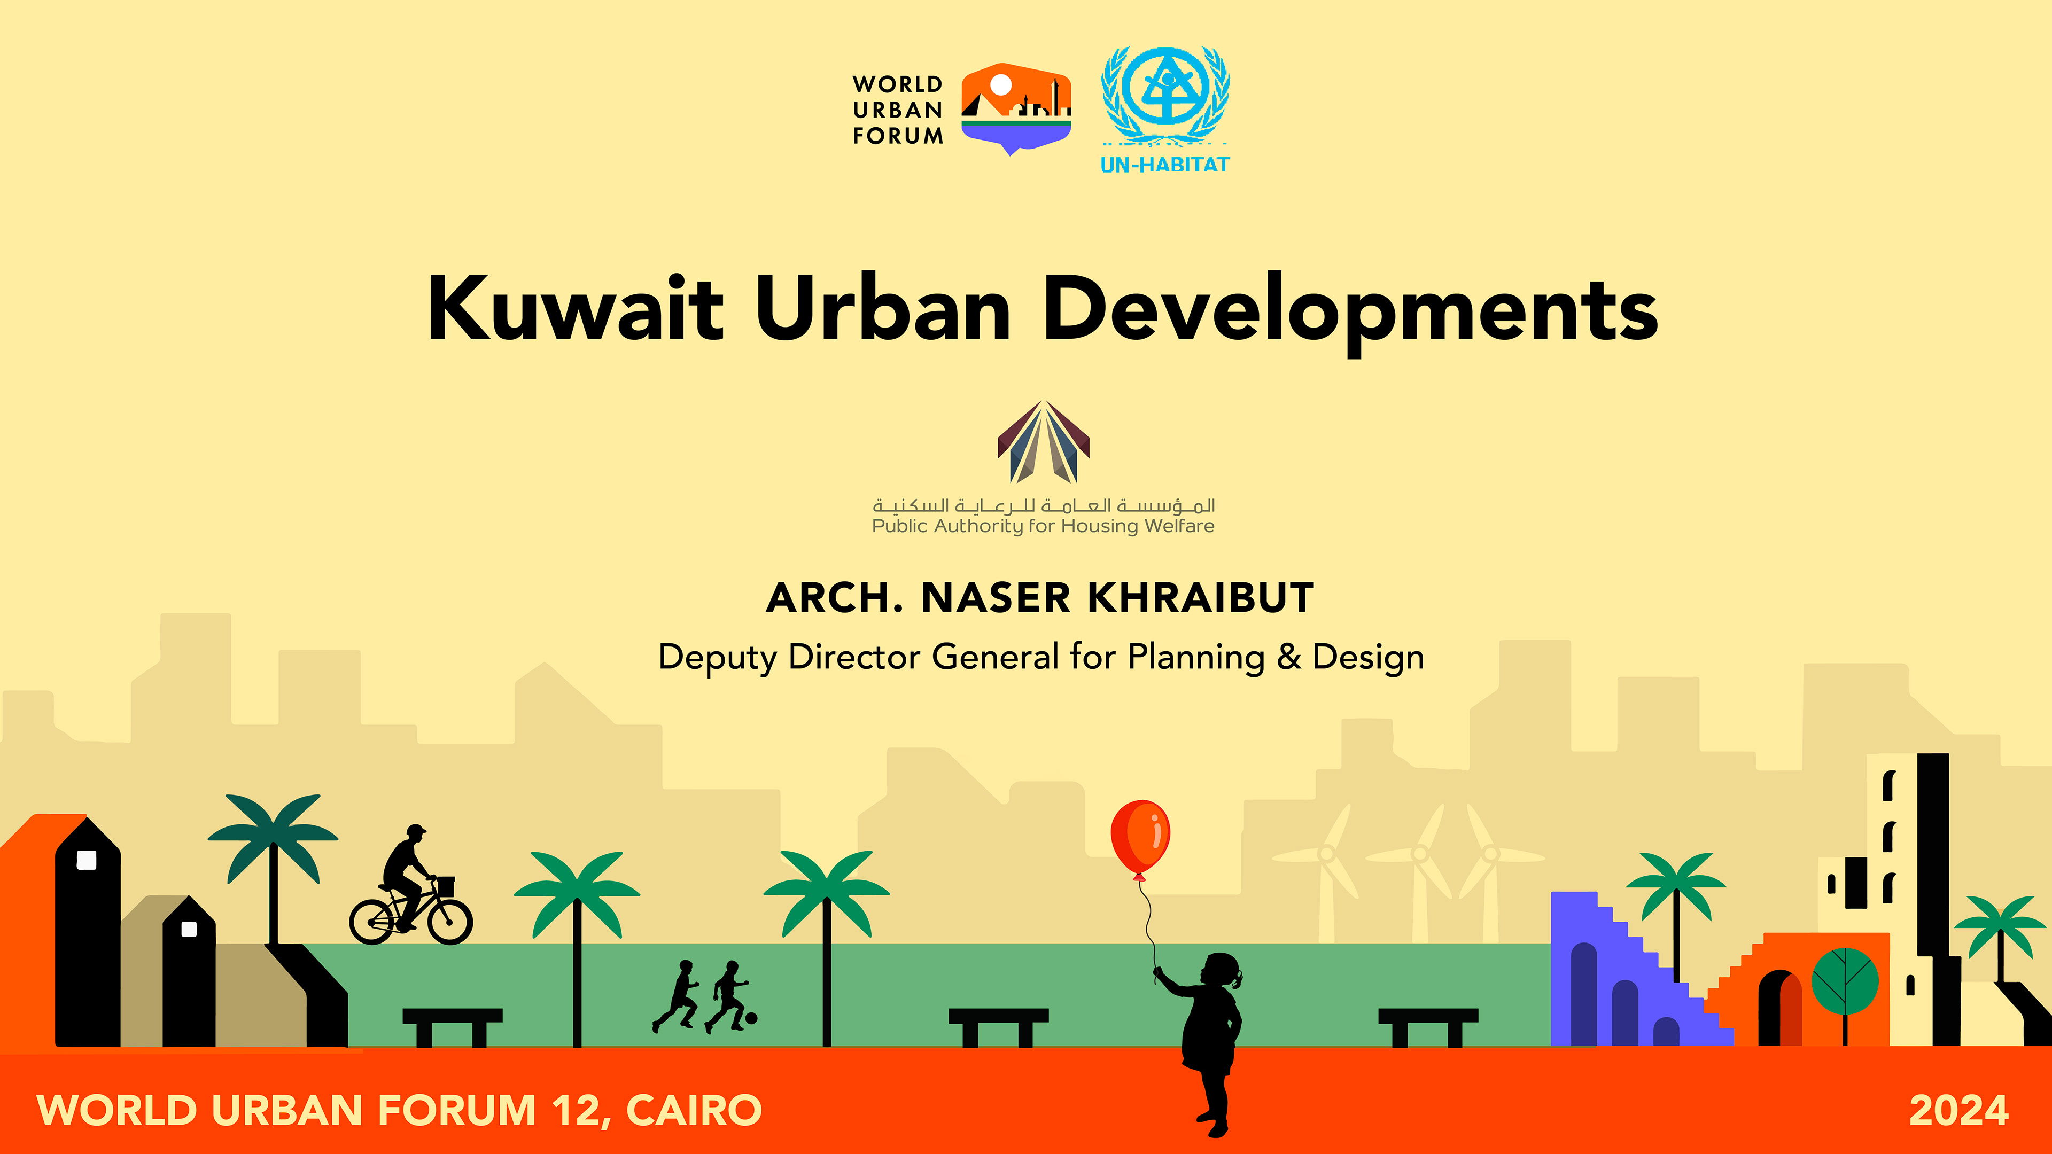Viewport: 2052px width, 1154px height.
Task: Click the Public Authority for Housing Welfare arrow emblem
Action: [x=1044, y=442]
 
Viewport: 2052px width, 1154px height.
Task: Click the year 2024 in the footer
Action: [x=1959, y=1110]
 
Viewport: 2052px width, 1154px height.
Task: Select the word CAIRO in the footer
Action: [x=694, y=1110]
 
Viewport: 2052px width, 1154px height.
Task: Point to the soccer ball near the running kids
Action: [x=751, y=1018]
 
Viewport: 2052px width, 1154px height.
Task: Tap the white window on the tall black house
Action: [x=86, y=860]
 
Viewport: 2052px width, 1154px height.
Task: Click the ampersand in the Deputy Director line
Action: [x=1288, y=657]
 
